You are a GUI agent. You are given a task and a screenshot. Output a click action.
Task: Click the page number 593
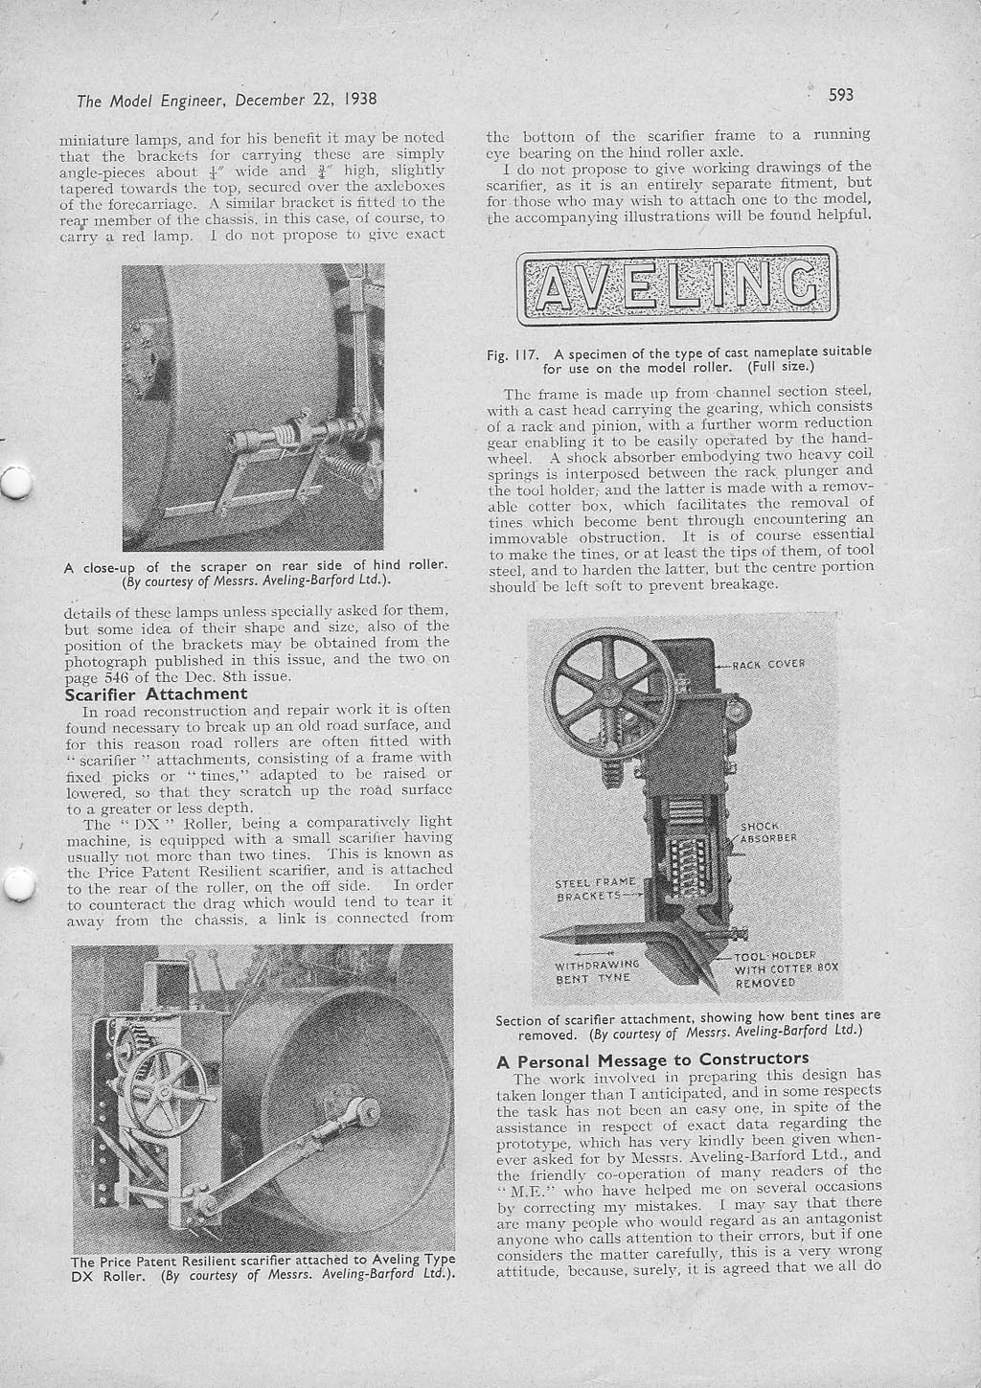pos(840,94)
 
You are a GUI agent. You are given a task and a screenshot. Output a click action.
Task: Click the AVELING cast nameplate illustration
pos(676,285)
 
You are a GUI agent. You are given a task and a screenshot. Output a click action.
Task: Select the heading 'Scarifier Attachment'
pos(155,694)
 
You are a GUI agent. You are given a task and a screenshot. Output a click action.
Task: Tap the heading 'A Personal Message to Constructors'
pos(652,1058)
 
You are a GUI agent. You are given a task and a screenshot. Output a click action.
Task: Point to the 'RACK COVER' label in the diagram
pos(768,663)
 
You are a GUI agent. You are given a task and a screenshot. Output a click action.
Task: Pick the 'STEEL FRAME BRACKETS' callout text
pos(595,889)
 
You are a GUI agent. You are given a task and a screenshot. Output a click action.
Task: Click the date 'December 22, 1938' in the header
pos(305,99)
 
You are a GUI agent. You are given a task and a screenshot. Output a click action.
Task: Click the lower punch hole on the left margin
pos(16,887)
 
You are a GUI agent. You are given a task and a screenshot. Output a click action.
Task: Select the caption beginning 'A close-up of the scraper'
pos(256,572)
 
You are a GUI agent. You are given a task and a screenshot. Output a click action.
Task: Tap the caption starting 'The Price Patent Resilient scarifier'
pos(262,1266)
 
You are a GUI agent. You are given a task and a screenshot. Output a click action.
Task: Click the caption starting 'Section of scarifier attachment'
pos(687,1024)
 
